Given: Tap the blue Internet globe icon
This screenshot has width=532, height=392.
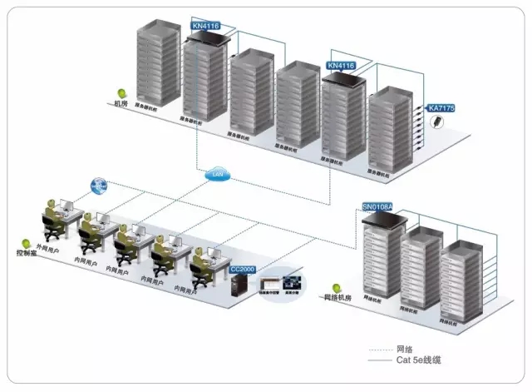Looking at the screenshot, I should point(99,185).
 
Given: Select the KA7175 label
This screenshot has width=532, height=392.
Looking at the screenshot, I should point(441,107).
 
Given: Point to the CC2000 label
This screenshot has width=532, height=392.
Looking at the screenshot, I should point(243,269).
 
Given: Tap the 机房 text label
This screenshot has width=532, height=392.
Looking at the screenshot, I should point(121,104).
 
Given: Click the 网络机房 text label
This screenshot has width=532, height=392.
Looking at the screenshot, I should point(340,297).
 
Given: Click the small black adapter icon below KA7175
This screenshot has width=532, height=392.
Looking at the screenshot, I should point(437,123).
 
